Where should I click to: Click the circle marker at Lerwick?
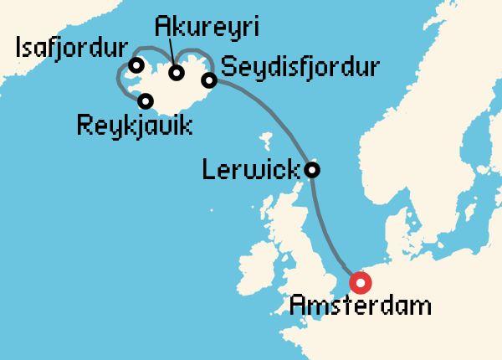312,170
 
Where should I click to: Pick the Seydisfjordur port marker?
209,80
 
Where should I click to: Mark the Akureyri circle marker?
177,73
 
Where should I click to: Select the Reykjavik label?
134,128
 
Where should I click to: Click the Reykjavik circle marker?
146,101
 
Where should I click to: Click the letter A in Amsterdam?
299,304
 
